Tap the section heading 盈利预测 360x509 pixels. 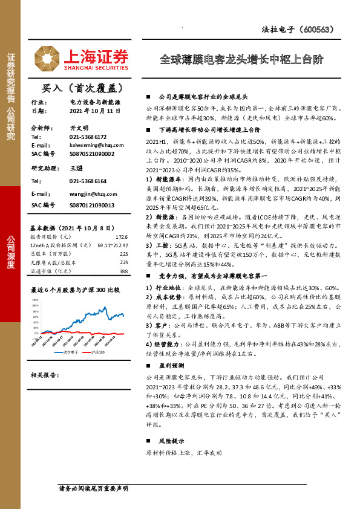[172, 365]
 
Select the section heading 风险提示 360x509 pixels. [172, 442]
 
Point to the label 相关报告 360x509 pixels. [44, 375]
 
